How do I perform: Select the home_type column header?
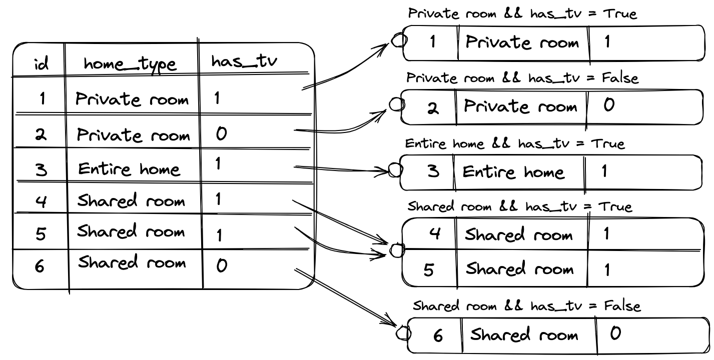130,64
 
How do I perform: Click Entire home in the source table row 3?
129,169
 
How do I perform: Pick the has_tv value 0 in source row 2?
222,134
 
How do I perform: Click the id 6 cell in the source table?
40,265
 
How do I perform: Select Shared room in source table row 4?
131,201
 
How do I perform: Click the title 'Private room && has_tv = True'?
522,13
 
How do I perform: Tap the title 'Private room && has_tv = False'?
522,78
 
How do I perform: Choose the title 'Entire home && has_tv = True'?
515,144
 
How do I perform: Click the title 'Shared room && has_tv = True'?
520,206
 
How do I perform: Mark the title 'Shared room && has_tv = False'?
527,305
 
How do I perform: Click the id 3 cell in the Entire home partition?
433,171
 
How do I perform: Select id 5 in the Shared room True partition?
429,269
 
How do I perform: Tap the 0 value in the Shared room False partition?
615,333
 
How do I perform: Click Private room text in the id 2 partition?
520,106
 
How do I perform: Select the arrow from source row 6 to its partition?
345,297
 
